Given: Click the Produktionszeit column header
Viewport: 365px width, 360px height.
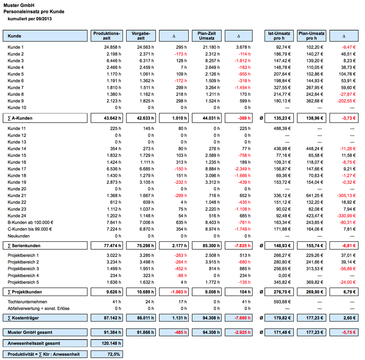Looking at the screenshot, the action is [x=107, y=36].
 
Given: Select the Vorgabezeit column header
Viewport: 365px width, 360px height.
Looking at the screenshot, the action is [x=141, y=36].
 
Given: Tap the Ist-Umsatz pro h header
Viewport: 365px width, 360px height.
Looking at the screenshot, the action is [x=279, y=36].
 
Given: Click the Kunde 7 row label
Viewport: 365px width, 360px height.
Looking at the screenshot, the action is [x=16, y=88].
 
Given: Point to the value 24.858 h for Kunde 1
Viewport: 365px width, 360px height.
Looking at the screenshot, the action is [x=112, y=47].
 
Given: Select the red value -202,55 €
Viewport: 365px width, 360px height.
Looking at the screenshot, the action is [x=346, y=101].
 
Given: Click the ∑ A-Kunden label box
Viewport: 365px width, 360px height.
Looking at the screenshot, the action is [x=45, y=118].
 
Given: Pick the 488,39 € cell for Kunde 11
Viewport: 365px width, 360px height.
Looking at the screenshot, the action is [x=282, y=128].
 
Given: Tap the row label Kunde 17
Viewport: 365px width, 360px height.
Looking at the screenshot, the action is [x=17, y=169].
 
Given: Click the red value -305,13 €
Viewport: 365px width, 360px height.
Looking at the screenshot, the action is [x=346, y=196].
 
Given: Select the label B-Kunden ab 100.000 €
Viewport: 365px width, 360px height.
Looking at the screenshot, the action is [x=31, y=222].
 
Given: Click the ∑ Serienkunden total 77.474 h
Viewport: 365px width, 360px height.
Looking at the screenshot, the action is [x=112, y=246].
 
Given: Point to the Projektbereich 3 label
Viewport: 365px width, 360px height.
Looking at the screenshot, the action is [x=23, y=269].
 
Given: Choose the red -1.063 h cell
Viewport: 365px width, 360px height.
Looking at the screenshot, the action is [x=179, y=292].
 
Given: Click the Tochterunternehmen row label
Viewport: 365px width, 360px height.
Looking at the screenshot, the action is [x=27, y=302].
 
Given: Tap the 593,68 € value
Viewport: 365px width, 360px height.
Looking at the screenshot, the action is [x=282, y=302].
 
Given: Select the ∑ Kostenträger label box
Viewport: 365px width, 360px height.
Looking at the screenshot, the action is [x=45, y=318].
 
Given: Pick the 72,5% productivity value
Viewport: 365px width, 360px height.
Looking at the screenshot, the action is [x=114, y=354].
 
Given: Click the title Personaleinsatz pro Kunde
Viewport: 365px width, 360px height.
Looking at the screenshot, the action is [x=34, y=12].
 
